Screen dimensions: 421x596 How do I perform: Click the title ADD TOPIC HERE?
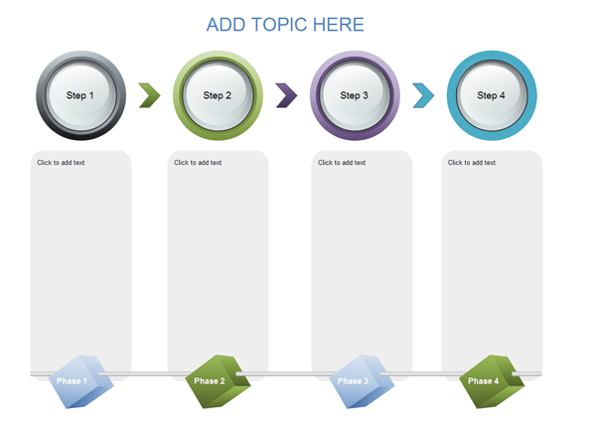pyautogui.click(x=285, y=25)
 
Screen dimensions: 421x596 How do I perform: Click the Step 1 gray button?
pyautogui.click(x=80, y=95)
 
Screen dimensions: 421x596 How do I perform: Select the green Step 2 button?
pyautogui.click(x=218, y=95)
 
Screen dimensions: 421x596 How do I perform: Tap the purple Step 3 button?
pyautogui.click(x=355, y=95)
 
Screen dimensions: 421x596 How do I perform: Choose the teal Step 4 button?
pyautogui.click(x=491, y=95)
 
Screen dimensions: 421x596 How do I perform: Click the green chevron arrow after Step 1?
pyautogui.click(x=149, y=95)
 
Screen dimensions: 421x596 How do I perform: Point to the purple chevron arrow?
pyautogui.click(x=286, y=95)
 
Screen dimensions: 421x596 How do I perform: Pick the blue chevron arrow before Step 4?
pyautogui.click(x=423, y=95)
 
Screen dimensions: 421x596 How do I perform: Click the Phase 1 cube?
pyautogui.click(x=81, y=381)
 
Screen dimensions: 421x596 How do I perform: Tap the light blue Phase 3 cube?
pyautogui.click(x=358, y=381)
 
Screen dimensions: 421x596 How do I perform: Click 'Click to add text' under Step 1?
pyautogui.click(x=61, y=163)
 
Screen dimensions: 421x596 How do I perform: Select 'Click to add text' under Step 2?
pyautogui.click(x=198, y=163)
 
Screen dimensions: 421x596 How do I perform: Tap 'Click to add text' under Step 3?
pyautogui.click(x=342, y=163)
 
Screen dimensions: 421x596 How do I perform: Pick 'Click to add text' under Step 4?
pyautogui.click(x=472, y=163)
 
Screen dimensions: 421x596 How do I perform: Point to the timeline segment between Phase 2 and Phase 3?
pyautogui.click(x=288, y=374)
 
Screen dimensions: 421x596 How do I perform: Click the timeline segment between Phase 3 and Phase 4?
pyautogui.click(x=422, y=374)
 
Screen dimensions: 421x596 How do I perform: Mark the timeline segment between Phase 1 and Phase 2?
pyautogui.click(x=149, y=374)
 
